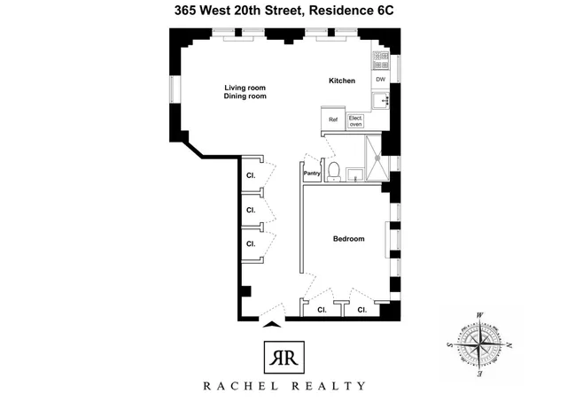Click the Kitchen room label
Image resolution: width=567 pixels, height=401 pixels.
point(342,81)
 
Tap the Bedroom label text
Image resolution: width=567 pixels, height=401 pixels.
point(349,239)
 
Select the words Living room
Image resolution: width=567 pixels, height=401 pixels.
point(245,88)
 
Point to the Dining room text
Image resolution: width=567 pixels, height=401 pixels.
point(245,96)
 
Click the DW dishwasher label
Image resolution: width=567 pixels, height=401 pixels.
point(380,81)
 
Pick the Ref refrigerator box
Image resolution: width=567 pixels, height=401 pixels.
point(333,120)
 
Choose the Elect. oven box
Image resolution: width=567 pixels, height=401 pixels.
point(356,121)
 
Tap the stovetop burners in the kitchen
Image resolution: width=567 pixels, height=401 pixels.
point(381,60)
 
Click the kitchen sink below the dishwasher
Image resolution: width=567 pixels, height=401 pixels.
point(384,101)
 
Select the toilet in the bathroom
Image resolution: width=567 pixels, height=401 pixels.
point(330,170)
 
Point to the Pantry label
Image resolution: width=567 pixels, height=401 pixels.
point(312,174)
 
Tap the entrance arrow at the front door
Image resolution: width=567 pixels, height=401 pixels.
point(272,325)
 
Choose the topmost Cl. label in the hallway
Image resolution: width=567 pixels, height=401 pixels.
point(251,175)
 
